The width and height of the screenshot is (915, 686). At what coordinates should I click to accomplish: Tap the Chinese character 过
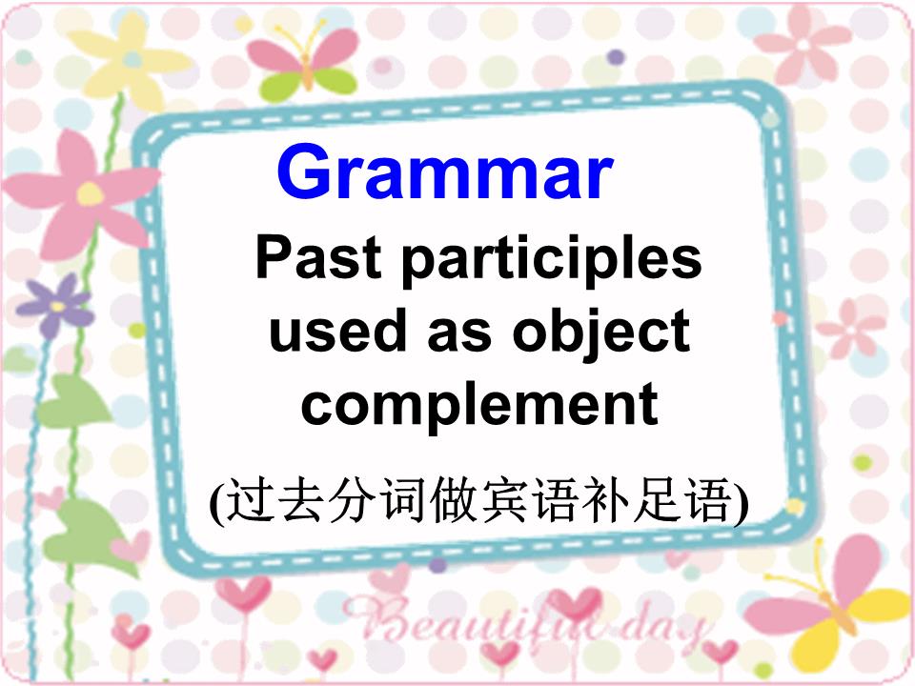pyautogui.click(x=245, y=499)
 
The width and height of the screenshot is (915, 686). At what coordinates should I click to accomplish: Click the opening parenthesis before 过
pyautogui.click(x=216, y=501)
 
